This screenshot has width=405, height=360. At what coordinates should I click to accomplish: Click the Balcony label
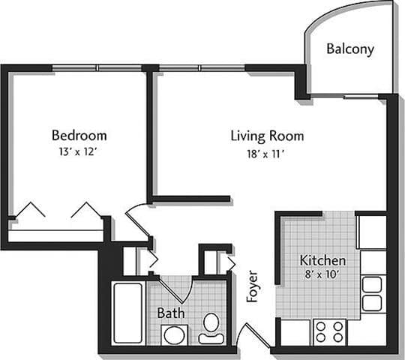click(350, 49)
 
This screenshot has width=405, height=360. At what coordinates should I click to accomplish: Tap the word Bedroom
click(79, 136)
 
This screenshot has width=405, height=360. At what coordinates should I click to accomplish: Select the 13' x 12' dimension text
click(79, 152)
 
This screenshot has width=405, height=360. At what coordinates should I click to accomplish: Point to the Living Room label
click(267, 136)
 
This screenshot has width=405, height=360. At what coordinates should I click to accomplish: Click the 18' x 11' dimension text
click(267, 153)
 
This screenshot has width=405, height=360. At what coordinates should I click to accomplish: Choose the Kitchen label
click(322, 260)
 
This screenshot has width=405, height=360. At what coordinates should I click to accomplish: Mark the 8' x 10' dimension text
click(322, 275)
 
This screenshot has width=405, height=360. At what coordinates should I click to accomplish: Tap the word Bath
click(171, 312)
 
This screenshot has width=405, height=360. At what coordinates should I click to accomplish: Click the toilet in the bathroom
click(211, 327)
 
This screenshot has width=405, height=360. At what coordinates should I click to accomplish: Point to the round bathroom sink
click(174, 334)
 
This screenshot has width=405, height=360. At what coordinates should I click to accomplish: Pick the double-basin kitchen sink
click(372, 293)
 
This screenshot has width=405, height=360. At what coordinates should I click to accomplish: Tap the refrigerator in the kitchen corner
click(370, 232)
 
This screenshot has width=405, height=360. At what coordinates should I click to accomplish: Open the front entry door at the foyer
click(259, 334)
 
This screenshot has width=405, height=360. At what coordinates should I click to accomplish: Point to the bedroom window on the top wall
click(97, 68)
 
